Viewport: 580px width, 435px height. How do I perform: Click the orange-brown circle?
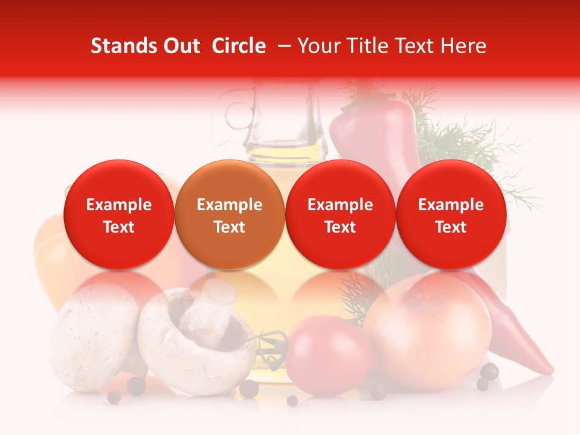229,214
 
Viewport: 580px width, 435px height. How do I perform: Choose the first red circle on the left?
118,214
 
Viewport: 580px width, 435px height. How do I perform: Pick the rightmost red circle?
451,214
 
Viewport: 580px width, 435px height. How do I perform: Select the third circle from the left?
340,214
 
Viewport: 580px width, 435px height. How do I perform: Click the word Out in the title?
180,46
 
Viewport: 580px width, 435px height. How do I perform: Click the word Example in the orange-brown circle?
229,205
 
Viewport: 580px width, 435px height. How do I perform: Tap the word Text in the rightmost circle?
451,227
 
